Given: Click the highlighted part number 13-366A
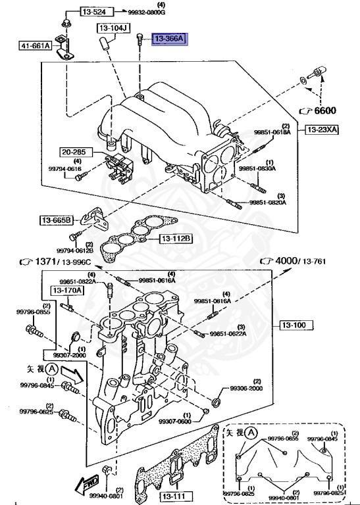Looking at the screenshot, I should point(169,39).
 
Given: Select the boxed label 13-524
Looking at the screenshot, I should point(97,12).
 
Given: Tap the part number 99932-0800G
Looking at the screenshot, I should point(147,12).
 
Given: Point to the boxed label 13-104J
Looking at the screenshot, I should point(114,28).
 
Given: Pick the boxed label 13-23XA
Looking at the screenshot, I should point(321,130).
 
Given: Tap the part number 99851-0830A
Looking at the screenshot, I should point(257,169).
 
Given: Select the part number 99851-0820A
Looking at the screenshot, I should point(267,203).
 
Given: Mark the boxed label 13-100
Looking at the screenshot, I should point(296,325).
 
